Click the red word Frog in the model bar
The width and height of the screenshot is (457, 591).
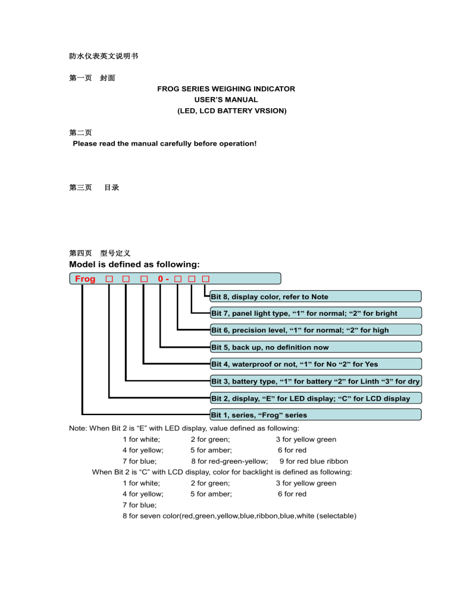click(85, 279)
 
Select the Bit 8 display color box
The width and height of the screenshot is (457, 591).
click(315, 296)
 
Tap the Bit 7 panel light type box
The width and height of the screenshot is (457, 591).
click(315, 313)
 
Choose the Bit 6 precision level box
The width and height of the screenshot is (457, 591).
click(315, 330)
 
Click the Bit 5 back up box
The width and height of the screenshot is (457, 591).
click(315, 347)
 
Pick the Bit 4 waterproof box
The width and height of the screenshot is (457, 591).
click(315, 364)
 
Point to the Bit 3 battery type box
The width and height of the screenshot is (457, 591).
click(315, 381)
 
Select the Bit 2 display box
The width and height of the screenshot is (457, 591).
click(315, 398)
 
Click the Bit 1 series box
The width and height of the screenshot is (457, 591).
click(315, 414)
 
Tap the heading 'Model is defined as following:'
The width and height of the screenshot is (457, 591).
click(134, 264)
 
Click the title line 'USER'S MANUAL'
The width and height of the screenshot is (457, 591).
click(226, 100)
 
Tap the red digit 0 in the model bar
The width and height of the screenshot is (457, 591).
click(161, 279)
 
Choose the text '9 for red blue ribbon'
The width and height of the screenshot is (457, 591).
click(314, 461)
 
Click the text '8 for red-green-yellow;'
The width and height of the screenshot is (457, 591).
click(229, 461)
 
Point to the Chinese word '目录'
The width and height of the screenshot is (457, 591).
click(112, 187)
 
